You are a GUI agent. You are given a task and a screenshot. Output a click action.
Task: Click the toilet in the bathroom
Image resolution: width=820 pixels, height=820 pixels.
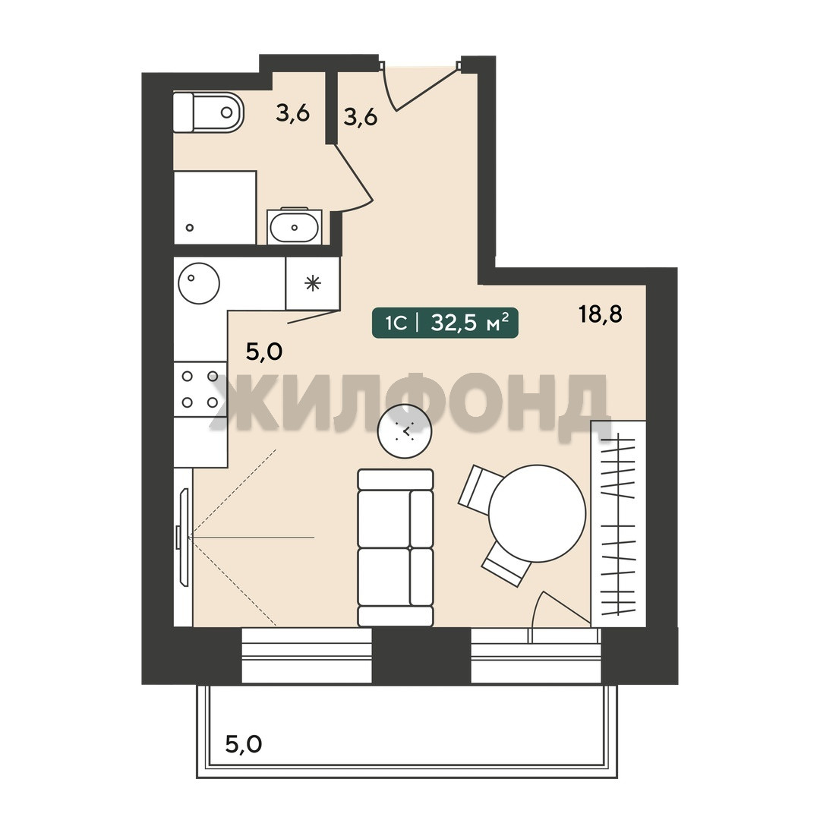pyautogui.click(x=209, y=112)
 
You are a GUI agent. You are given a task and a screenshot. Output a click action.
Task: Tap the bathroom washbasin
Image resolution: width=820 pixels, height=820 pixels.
pyautogui.click(x=294, y=227)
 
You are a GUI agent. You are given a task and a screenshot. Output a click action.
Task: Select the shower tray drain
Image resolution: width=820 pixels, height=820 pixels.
pyautogui.click(x=190, y=228)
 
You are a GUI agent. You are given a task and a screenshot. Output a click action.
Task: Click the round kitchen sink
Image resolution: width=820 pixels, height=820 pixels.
pyautogui.click(x=199, y=283)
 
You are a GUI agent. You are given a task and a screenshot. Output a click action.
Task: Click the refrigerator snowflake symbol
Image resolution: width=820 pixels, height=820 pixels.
pyautogui.click(x=313, y=284)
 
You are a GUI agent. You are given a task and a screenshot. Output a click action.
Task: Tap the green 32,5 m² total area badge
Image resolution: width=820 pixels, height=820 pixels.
pyautogui.click(x=445, y=323)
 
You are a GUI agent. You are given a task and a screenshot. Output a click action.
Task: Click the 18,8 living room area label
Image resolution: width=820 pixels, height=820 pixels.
pyautogui.click(x=601, y=314)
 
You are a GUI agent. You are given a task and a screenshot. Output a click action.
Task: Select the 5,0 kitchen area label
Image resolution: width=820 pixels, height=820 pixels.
pyautogui.click(x=264, y=352)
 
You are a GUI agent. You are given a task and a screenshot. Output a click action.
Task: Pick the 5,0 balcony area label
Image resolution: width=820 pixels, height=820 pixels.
pyautogui.click(x=244, y=743)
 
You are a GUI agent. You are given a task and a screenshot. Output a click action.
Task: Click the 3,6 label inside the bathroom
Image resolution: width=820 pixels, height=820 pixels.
pyautogui.click(x=293, y=112)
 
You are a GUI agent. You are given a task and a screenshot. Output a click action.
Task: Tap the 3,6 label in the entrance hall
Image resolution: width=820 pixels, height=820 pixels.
pyautogui.click(x=361, y=117)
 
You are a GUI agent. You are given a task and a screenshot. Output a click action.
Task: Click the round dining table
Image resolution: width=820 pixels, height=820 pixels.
pyautogui.click(x=537, y=513)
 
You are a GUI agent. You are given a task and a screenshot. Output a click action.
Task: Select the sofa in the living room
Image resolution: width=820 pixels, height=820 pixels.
pyautogui.click(x=396, y=547)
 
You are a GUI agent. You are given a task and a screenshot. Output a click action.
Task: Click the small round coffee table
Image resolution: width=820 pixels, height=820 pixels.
pyautogui.click(x=405, y=431)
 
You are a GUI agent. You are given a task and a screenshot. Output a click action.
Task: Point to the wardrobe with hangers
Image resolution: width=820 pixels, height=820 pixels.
pyautogui.click(x=618, y=523)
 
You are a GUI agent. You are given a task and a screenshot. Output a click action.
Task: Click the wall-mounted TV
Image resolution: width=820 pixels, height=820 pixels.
pyautogui.click(x=184, y=537)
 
